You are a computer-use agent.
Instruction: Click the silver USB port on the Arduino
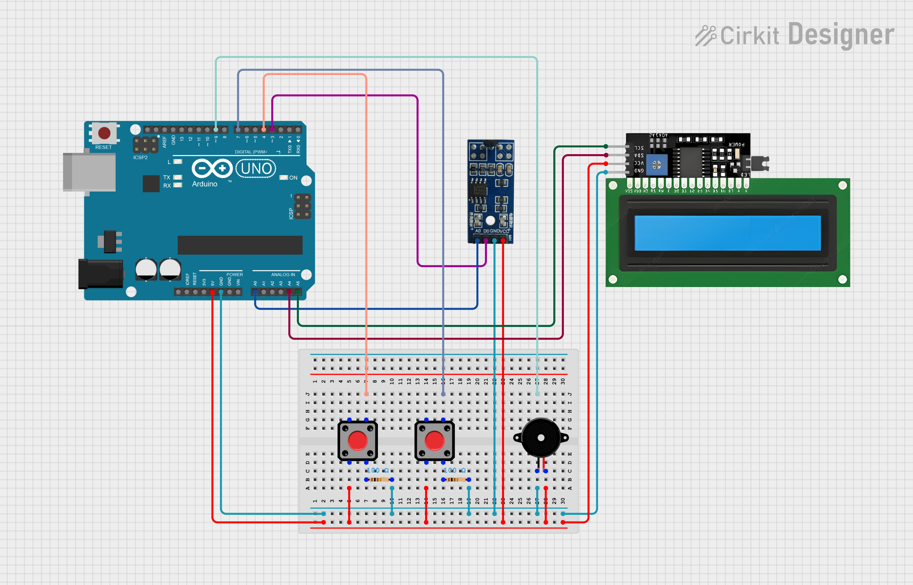(90, 172)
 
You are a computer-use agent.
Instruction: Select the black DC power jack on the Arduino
(100, 274)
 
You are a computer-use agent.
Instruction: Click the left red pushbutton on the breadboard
(357, 441)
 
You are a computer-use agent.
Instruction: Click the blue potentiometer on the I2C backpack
(656, 164)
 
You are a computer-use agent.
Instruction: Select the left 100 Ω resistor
(379, 479)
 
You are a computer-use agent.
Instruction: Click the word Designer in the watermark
(841, 35)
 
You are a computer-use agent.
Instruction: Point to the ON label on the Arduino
(293, 178)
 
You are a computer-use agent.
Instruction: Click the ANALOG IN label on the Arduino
(283, 275)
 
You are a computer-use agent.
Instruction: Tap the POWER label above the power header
(235, 275)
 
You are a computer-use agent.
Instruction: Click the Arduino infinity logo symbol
(212, 168)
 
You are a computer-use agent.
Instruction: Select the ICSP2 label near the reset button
(140, 157)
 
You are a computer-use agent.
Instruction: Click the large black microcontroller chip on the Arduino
(240, 245)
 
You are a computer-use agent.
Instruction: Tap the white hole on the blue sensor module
(490, 220)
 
